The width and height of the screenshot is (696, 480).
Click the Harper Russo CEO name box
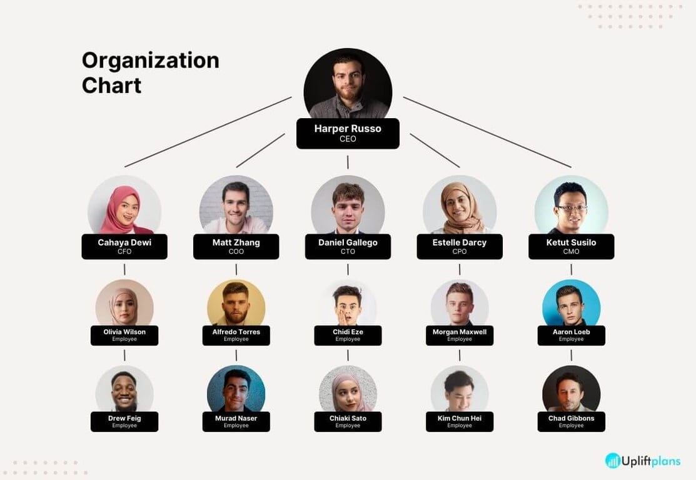(348, 133)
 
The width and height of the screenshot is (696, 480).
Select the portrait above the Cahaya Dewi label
(124, 206)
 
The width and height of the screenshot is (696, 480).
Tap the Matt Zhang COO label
(236, 246)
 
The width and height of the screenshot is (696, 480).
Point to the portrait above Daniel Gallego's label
(348, 206)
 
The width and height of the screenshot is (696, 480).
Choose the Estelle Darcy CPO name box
(460, 246)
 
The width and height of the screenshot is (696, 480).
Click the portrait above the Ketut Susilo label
(571, 206)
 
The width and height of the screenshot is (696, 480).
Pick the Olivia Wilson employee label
(124, 335)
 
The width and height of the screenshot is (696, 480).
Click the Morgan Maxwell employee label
(460, 335)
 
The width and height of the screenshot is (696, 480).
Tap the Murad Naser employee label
(236, 421)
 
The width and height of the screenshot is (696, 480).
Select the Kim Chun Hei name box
(460, 421)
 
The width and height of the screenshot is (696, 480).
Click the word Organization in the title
(151, 61)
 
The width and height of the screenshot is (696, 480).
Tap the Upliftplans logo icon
(613, 461)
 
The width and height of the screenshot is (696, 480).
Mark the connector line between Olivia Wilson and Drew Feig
(124, 355)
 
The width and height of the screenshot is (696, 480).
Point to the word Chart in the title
(111, 85)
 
